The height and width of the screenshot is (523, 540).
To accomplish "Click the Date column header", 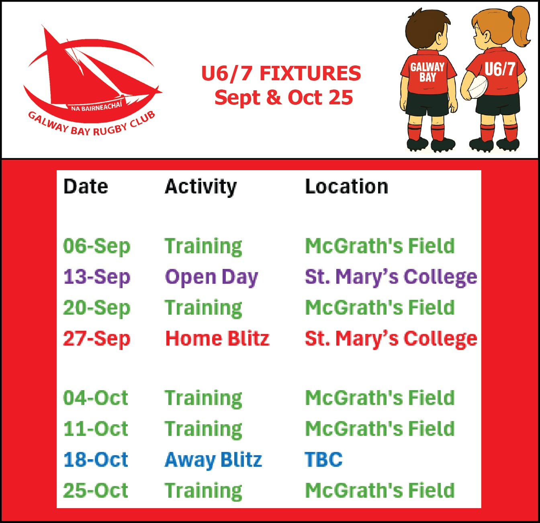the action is [x=86, y=186].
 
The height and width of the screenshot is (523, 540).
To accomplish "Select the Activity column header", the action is [x=200, y=187].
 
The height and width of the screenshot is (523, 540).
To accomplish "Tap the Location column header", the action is [x=346, y=186].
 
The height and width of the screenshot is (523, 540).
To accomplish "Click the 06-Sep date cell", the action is [x=96, y=246].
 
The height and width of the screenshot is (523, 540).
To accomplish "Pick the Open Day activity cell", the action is [x=211, y=277].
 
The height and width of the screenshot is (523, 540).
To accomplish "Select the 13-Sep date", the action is [x=96, y=277].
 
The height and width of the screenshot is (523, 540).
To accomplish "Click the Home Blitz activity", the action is [x=217, y=338].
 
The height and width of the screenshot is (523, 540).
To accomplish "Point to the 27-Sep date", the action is [x=96, y=339].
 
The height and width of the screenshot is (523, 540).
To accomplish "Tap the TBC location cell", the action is [x=323, y=460].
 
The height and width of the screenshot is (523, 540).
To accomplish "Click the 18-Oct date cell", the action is [x=96, y=460].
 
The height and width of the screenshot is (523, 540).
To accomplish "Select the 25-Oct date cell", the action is [x=96, y=490].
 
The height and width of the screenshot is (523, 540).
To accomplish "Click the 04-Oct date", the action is [x=96, y=398].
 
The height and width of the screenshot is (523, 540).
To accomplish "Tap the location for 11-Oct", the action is [x=380, y=429].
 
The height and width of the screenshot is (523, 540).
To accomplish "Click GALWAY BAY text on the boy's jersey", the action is [x=427, y=72].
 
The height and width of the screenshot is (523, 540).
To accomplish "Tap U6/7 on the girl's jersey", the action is [x=500, y=69].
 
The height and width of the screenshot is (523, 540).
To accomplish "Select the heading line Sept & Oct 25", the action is [x=284, y=98].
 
